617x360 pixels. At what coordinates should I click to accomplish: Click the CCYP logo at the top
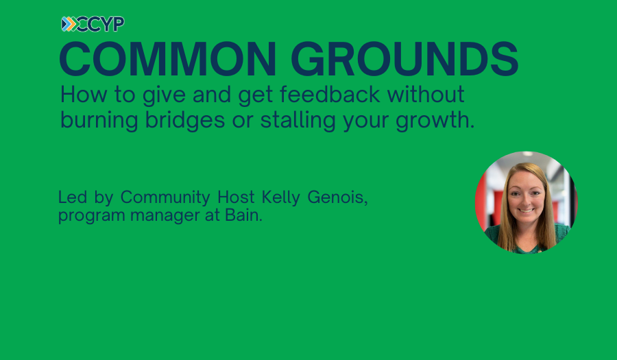(x=93, y=24)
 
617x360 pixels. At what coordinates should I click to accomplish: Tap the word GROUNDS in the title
(x=405, y=59)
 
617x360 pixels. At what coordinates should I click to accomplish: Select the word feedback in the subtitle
(x=330, y=95)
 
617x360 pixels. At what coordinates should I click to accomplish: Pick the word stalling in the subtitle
(x=298, y=121)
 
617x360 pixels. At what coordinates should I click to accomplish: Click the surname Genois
(x=337, y=197)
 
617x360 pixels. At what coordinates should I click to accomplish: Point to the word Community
(x=165, y=197)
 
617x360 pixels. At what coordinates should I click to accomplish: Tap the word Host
(x=236, y=197)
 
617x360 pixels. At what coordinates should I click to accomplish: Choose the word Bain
(x=243, y=215)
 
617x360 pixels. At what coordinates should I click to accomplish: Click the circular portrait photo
(x=527, y=202)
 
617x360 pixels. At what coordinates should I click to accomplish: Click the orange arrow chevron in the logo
(x=71, y=24)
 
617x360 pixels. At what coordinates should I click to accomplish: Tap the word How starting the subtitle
(x=84, y=95)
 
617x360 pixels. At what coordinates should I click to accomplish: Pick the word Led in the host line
(x=73, y=197)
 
